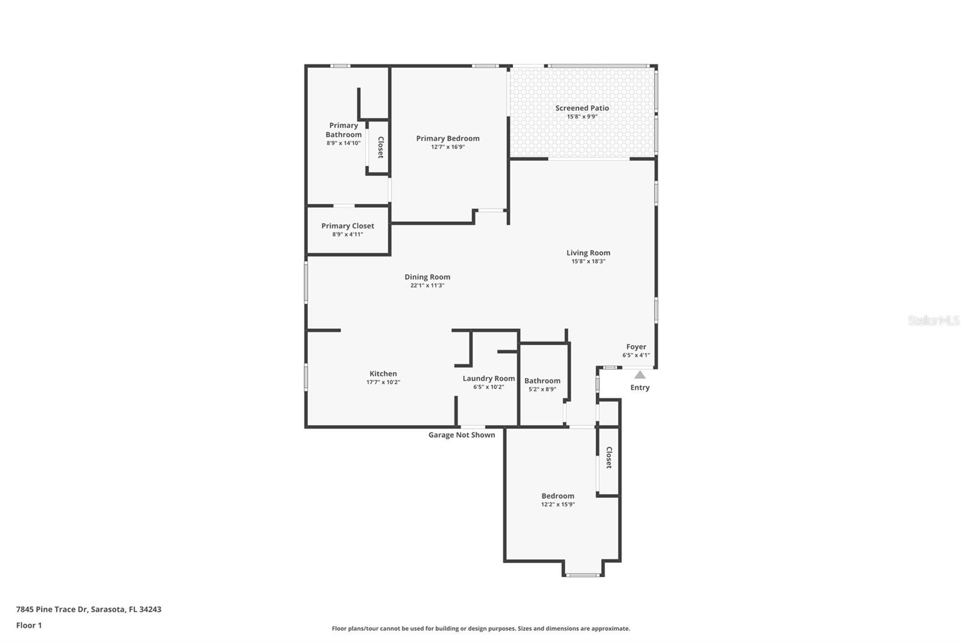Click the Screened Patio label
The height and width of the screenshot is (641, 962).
[x=581, y=108]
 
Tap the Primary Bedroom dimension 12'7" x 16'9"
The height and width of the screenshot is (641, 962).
[x=448, y=147]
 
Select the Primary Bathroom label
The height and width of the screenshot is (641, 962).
[x=343, y=130]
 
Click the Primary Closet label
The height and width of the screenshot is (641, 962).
[x=348, y=226]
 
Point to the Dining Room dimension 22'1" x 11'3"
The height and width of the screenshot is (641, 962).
[x=427, y=286]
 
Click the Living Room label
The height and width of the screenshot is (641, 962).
[x=588, y=253]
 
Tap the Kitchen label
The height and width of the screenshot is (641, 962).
[x=383, y=374]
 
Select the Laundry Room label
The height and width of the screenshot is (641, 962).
[x=488, y=379]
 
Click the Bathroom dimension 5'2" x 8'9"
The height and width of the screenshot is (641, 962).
[x=542, y=389]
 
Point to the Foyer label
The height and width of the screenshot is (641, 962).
[x=636, y=347]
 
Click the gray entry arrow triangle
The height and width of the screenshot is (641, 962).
[x=640, y=375]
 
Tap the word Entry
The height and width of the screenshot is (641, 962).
[x=640, y=388]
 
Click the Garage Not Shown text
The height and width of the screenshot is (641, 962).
[x=461, y=435]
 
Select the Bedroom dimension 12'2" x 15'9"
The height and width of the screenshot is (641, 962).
[x=557, y=505]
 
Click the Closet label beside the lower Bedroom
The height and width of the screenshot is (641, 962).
[x=608, y=458]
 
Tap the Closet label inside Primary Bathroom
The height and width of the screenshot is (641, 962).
[x=380, y=148]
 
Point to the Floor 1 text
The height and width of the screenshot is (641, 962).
[x=29, y=625]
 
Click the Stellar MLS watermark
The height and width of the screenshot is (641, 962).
[x=933, y=321]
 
